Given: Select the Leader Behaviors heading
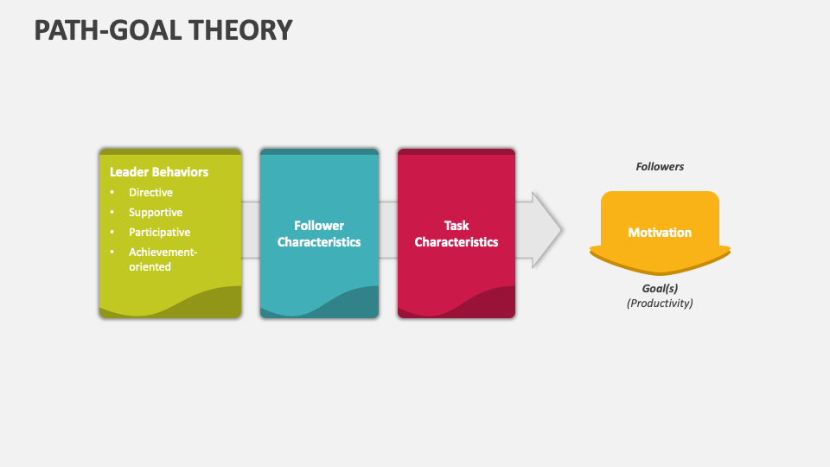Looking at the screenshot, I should (x=158, y=172).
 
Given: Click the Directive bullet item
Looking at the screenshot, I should (x=150, y=192).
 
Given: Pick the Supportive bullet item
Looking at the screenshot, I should (x=156, y=212).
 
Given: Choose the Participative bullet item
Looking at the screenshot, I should (x=159, y=232).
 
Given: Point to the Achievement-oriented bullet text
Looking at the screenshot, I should (x=163, y=259).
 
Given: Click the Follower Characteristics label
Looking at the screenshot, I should (x=319, y=233).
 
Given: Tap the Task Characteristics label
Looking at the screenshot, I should (x=456, y=233).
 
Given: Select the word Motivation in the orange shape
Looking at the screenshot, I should (x=660, y=233).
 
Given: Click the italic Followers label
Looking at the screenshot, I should (x=660, y=166).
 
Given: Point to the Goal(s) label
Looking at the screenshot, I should (x=660, y=289).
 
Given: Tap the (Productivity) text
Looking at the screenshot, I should (x=660, y=304).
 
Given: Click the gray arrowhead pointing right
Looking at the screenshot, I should (x=546, y=230).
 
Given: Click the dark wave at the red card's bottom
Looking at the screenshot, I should (x=488, y=304).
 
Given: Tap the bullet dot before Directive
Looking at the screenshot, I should (x=112, y=192).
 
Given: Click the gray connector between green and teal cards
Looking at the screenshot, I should (x=251, y=230).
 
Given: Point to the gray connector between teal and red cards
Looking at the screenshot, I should (x=388, y=230).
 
